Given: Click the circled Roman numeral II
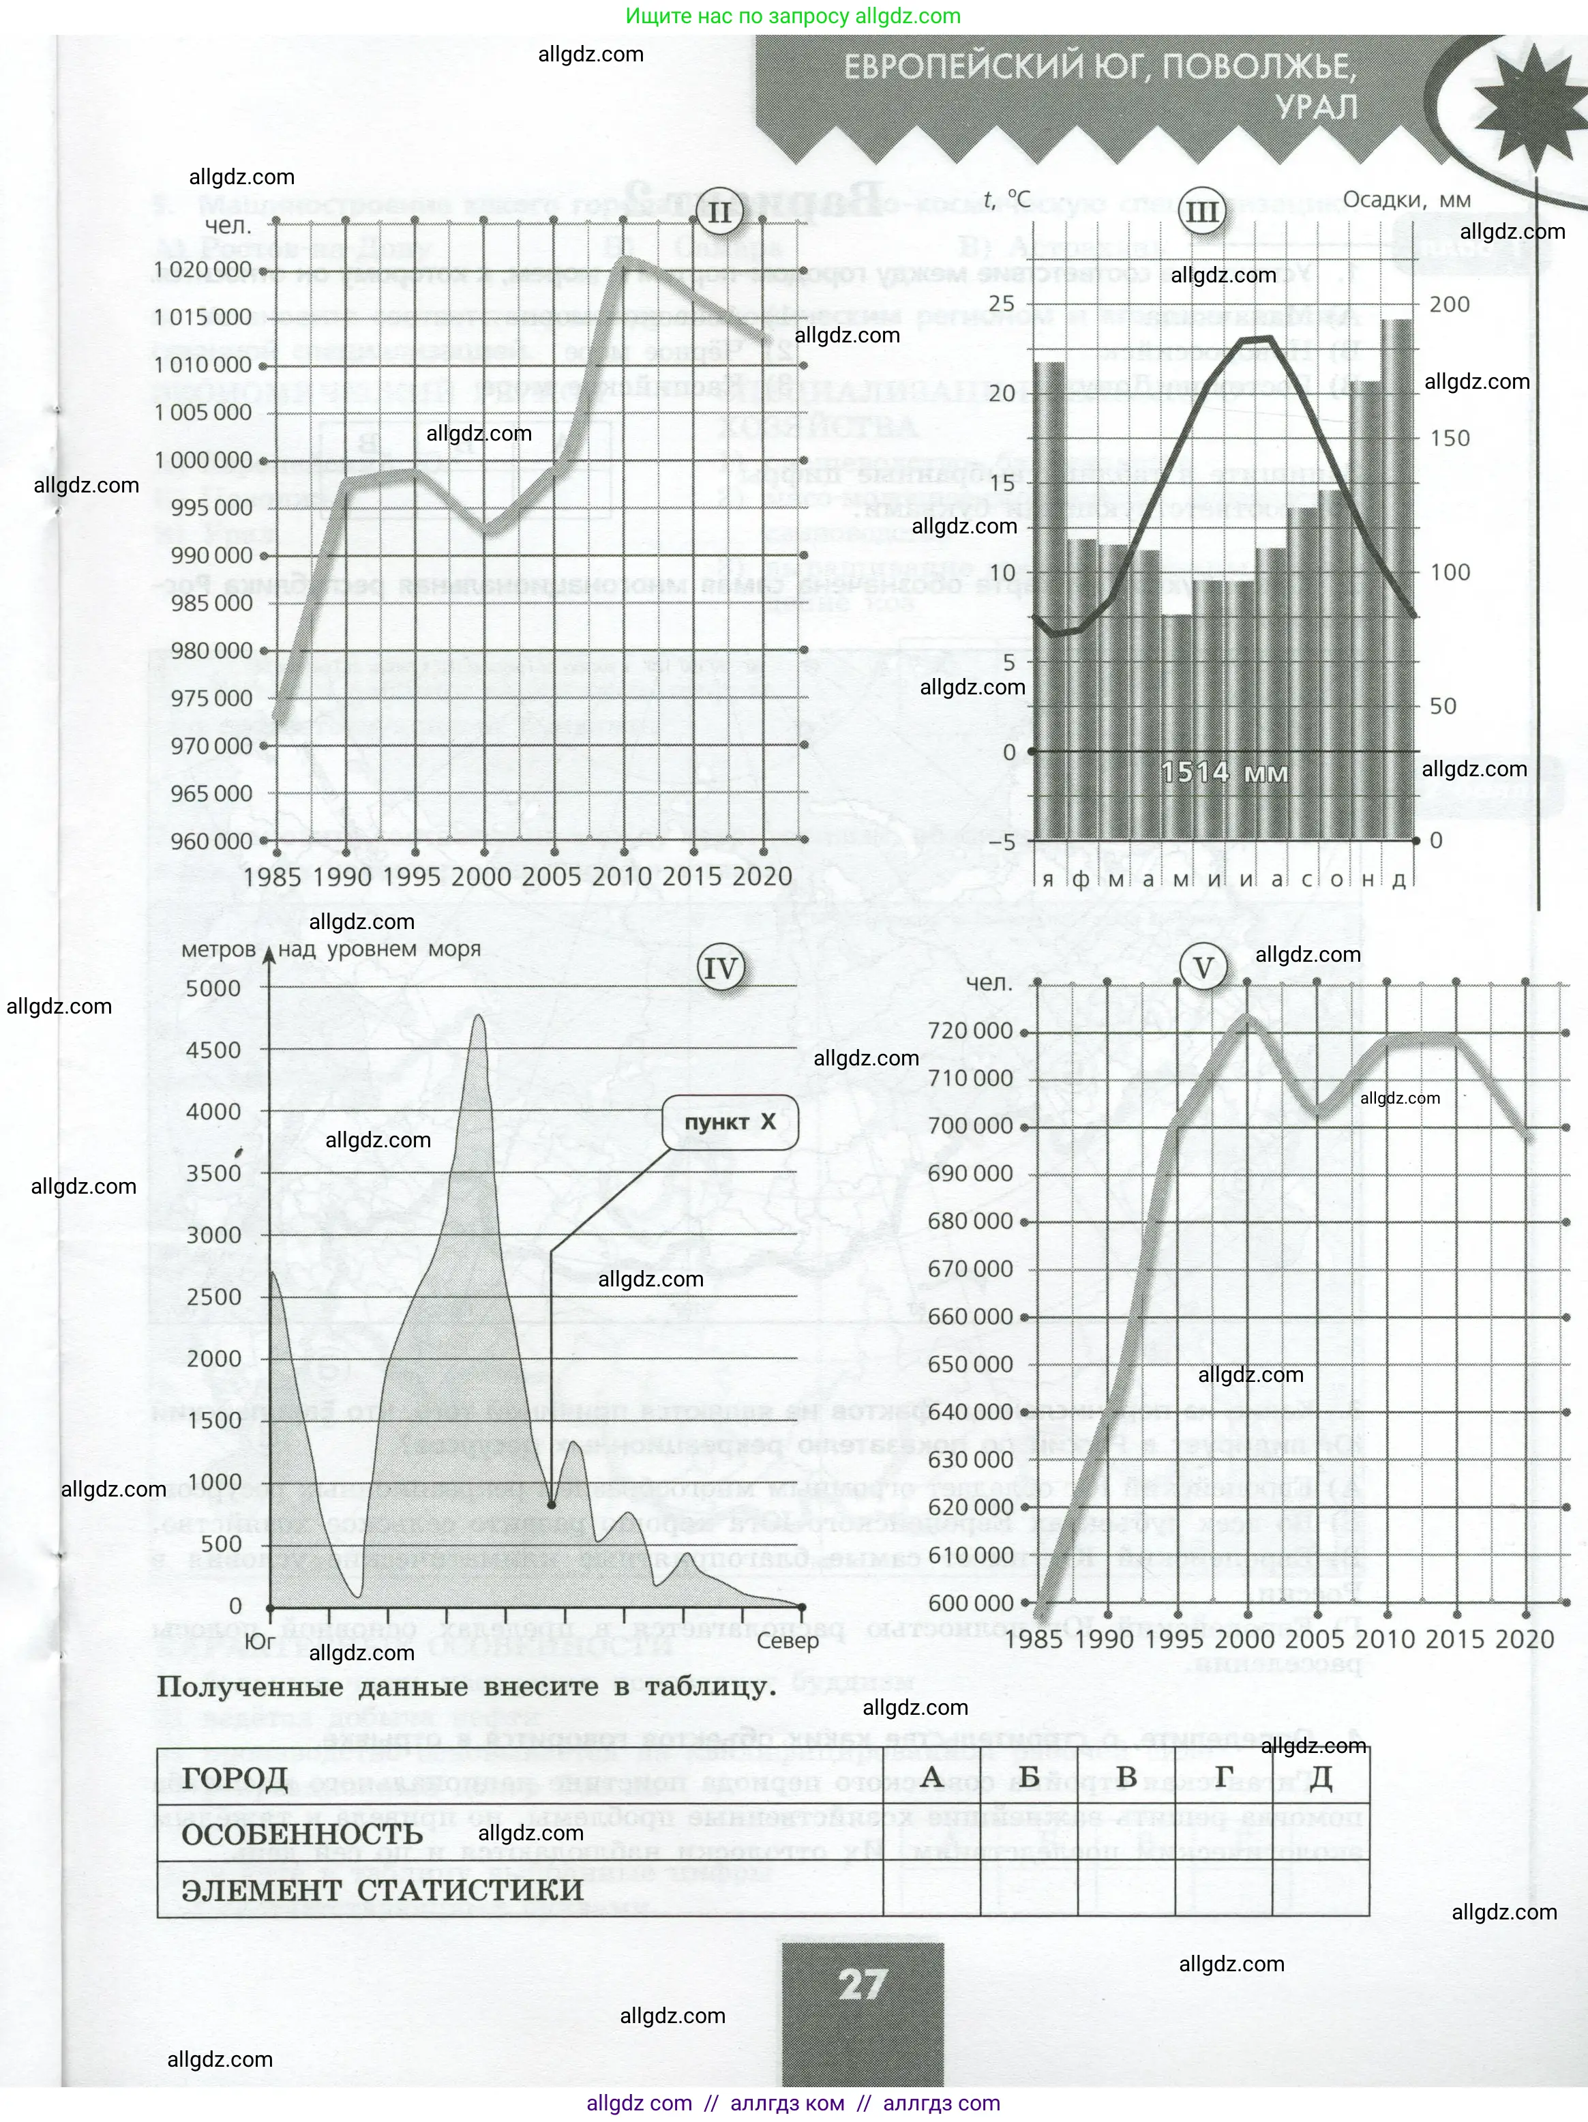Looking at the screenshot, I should pos(719,213).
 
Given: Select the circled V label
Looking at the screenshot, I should pos(1203,969).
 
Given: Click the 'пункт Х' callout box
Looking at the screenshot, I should pos(730,1121).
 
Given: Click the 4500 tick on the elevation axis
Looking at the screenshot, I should pos(214,1050).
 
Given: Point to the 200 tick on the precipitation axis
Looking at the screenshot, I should pos(1450,304).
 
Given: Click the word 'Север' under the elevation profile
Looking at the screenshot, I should pos(788,1640).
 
